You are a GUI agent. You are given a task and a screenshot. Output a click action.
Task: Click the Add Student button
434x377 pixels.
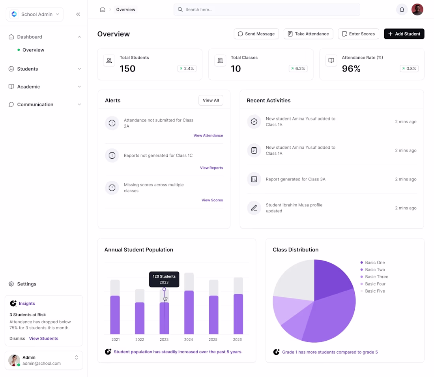point(404,34)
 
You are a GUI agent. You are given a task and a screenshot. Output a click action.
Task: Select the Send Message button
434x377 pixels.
point(256,34)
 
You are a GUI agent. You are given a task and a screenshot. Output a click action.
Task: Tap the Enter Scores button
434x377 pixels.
point(358,34)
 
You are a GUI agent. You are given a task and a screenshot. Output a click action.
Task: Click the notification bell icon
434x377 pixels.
point(402,9)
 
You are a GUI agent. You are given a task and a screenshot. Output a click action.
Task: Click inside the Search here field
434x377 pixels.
point(267,9)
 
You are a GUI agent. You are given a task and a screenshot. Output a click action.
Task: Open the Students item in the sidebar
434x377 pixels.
point(28,69)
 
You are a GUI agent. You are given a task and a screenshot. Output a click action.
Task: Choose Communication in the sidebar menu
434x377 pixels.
point(35,105)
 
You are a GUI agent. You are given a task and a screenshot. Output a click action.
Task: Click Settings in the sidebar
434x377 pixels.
point(26,284)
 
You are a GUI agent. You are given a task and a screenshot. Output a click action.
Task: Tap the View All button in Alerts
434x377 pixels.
point(211,100)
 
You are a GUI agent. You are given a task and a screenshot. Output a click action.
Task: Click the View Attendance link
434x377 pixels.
point(208,135)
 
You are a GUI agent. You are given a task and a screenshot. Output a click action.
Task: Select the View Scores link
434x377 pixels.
point(212,200)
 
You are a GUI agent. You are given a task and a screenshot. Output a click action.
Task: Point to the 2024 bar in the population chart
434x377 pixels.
point(189,312)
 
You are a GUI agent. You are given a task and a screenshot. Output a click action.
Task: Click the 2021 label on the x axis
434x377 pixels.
point(116,339)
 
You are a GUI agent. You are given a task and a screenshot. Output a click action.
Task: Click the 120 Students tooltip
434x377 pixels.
point(164,279)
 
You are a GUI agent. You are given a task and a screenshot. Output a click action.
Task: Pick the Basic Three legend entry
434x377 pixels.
point(376,277)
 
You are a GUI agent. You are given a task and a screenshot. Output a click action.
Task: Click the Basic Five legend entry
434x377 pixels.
point(375,291)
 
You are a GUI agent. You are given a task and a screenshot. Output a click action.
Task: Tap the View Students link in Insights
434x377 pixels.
point(43,338)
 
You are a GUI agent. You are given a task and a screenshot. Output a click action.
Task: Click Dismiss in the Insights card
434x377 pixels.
point(17,338)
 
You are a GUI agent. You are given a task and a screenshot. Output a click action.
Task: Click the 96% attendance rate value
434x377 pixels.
point(351,69)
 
